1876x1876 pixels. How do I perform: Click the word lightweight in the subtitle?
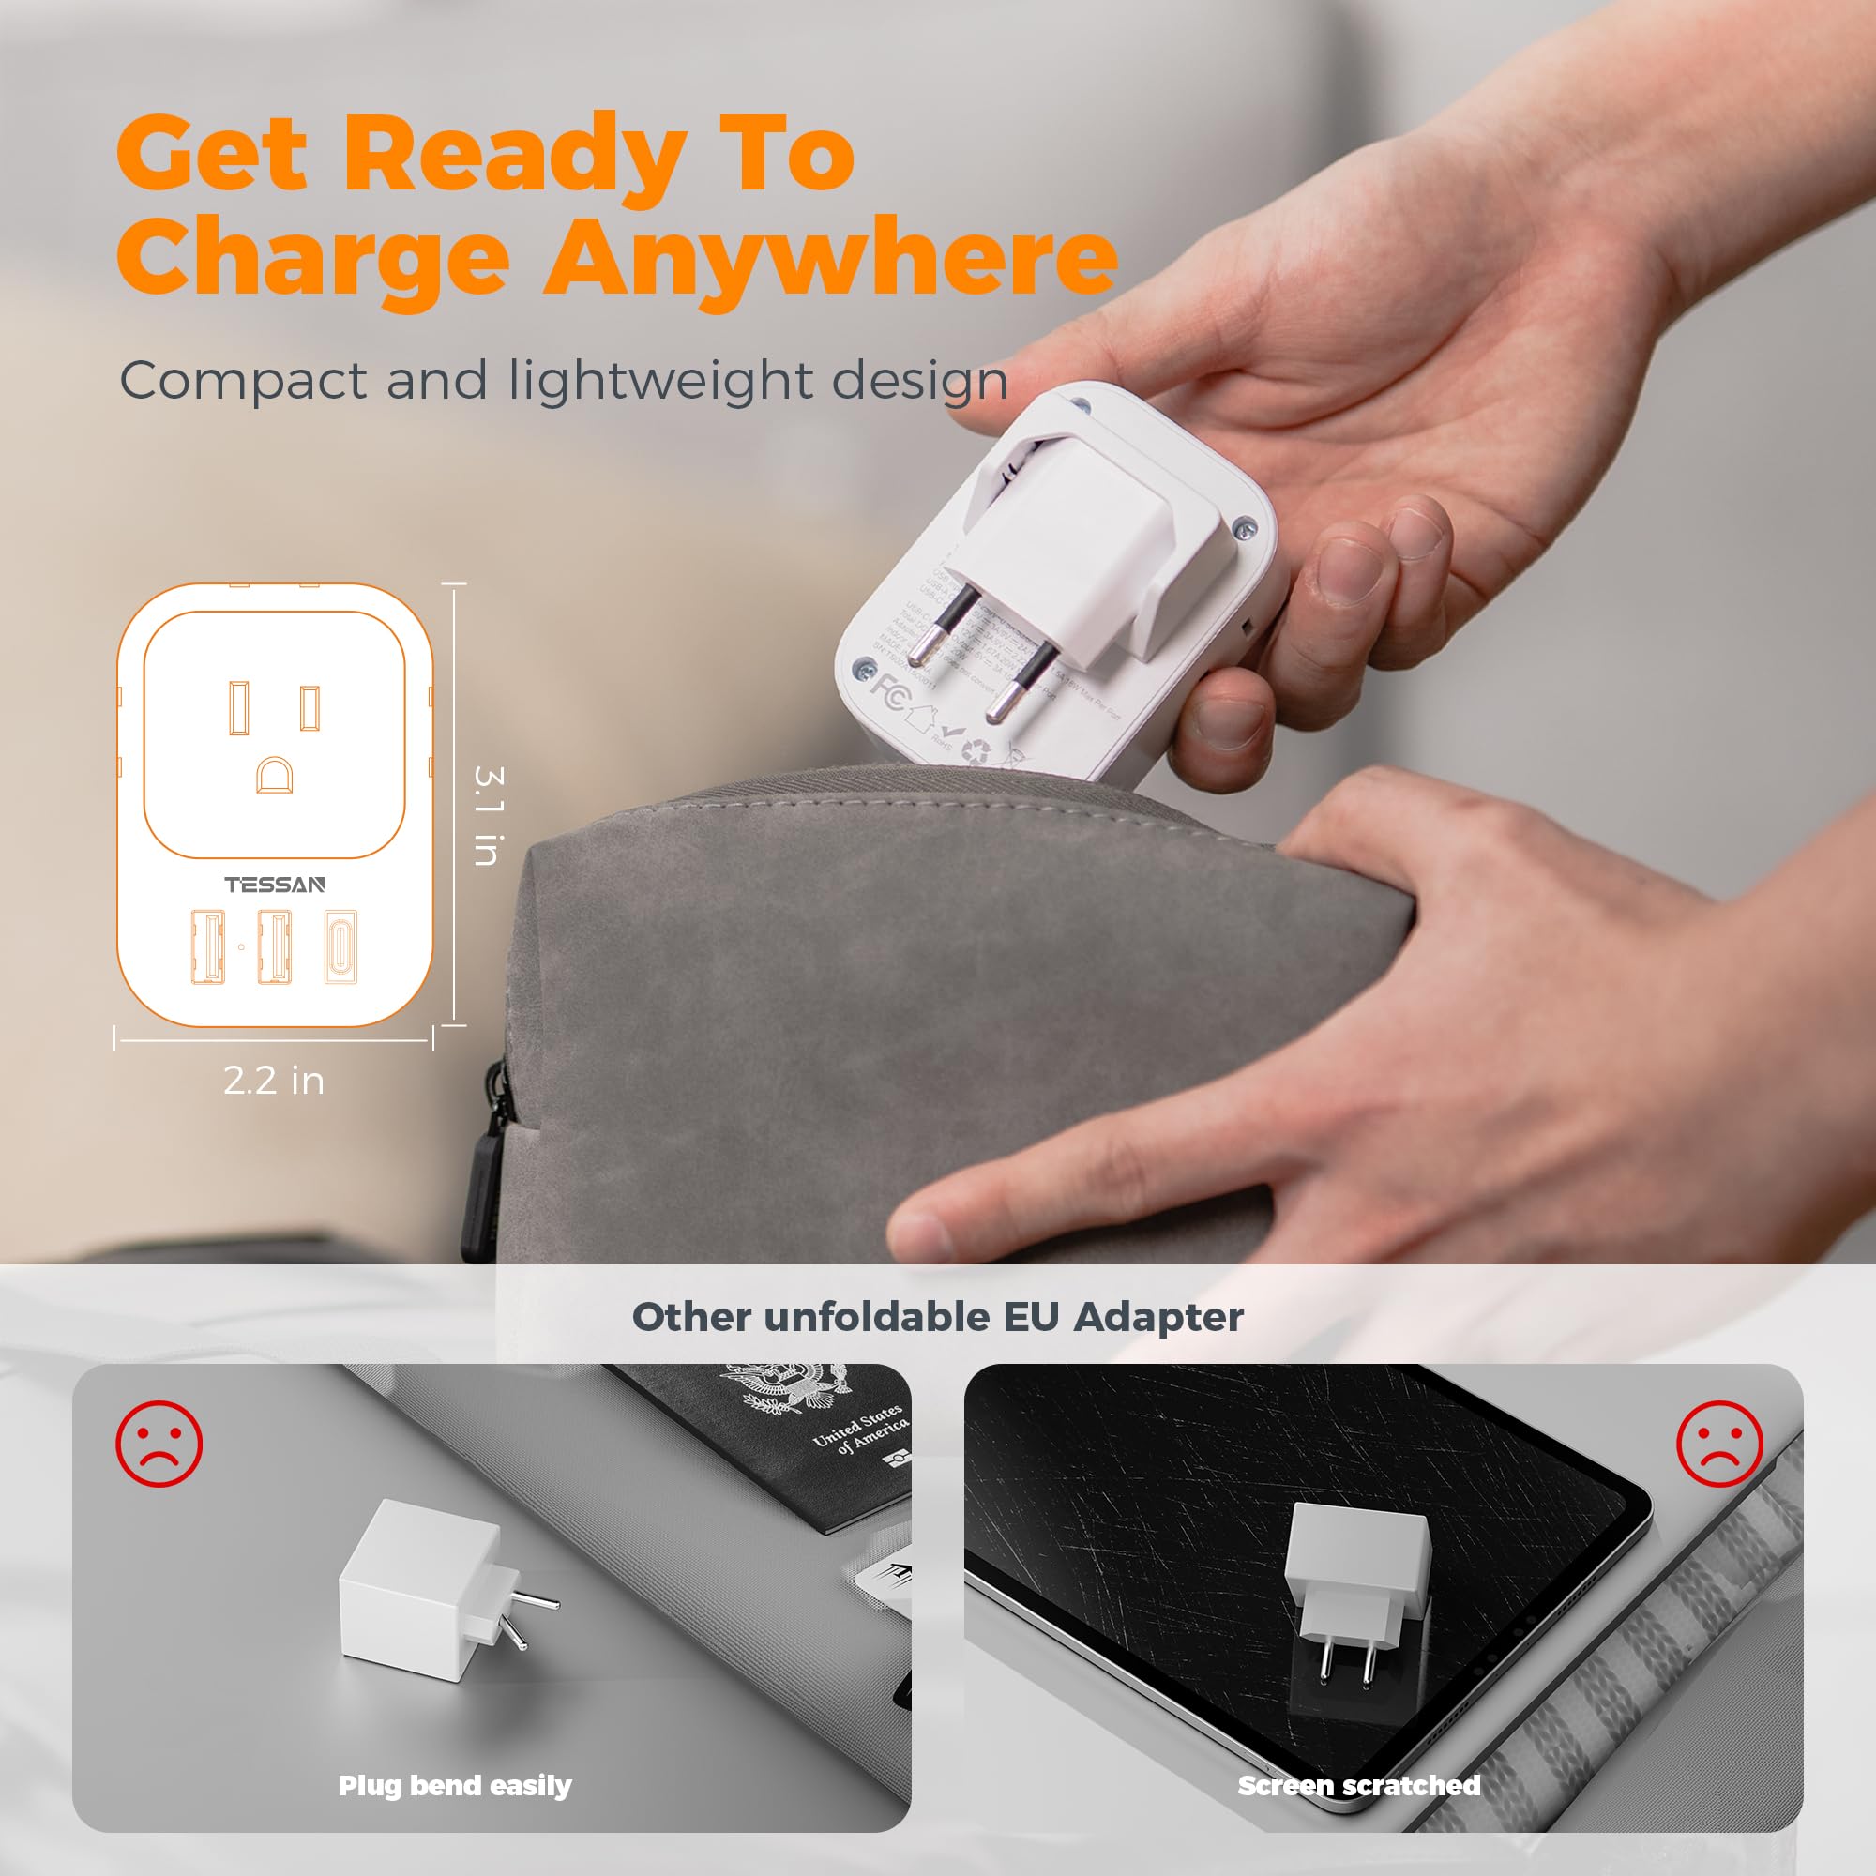click(x=660, y=381)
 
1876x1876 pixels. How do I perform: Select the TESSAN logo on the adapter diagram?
click(x=275, y=885)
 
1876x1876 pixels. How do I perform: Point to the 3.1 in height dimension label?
click(x=488, y=815)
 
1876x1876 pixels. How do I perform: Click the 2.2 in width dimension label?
click(x=274, y=1081)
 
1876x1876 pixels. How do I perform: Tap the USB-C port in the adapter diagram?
click(x=340, y=946)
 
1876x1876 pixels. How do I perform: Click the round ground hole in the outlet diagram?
click(x=274, y=775)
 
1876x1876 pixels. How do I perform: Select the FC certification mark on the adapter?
click(x=888, y=689)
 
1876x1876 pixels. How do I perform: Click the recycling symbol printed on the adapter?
click(x=976, y=750)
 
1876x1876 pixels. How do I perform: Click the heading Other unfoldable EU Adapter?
click(x=937, y=1318)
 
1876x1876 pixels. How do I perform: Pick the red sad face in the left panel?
click(x=159, y=1444)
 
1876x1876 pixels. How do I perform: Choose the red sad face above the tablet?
click(x=1718, y=1444)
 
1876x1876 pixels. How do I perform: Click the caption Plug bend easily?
click(x=454, y=1786)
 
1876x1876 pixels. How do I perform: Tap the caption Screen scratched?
click(x=1358, y=1786)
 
